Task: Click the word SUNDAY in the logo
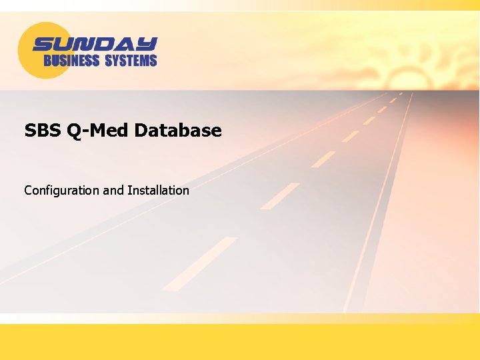point(95,45)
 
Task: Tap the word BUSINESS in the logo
point(71,61)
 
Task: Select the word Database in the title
point(178,130)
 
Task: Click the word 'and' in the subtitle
point(113,191)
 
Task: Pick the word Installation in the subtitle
point(158,191)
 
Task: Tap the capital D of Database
point(141,130)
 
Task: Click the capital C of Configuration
point(28,191)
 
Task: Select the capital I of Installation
point(129,191)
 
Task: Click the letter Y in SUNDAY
point(148,45)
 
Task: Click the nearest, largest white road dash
point(200,263)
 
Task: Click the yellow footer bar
point(240,342)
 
